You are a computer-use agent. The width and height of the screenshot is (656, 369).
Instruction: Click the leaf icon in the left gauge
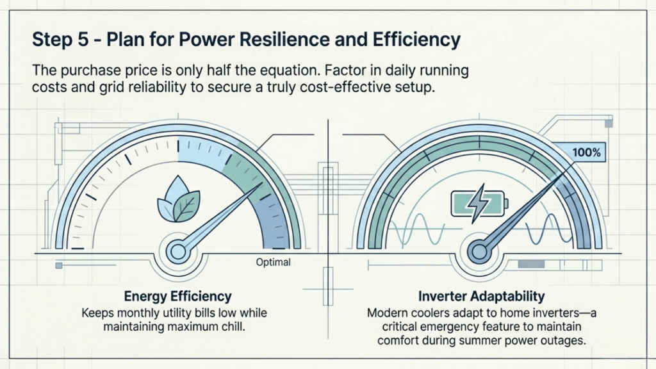pos(173,199)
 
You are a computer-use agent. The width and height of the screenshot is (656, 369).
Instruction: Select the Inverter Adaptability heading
pos(481,297)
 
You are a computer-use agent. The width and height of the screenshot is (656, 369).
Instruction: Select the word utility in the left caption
pos(183,314)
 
